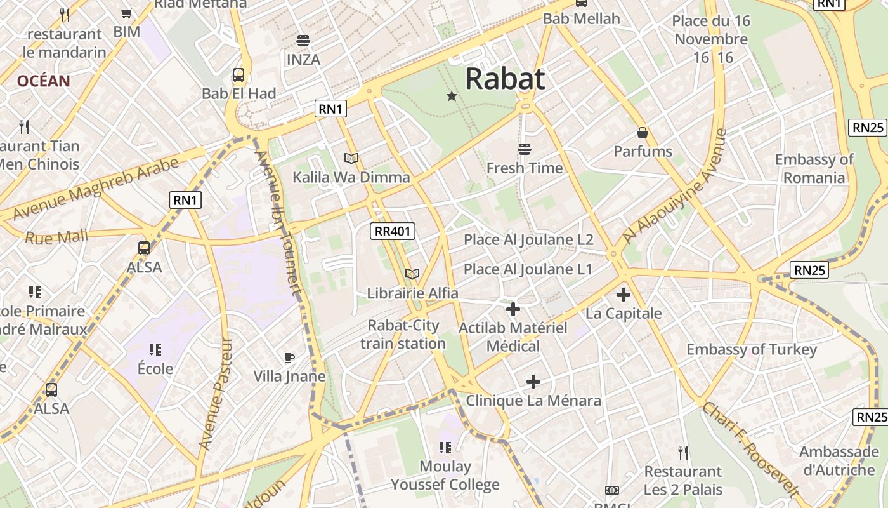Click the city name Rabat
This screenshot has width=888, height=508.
click(505, 79)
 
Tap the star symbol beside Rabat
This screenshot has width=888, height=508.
click(452, 97)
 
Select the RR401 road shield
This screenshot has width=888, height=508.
click(393, 231)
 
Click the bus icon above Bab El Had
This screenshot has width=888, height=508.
click(238, 75)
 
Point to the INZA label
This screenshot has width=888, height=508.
click(303, 60)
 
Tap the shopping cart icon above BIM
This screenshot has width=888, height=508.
click(127, 13)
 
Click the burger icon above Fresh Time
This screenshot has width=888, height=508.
click(524, 149)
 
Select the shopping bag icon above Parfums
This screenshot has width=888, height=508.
click(643, 133)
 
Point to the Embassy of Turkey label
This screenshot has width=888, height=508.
click(752, 349)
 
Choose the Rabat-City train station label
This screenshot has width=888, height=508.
click(403, 335)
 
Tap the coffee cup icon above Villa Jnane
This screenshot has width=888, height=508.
click(289, 358)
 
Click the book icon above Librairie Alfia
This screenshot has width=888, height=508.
click(412, 274)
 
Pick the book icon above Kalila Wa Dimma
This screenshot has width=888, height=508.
click(351, 158)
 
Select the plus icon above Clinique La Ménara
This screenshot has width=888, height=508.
click(533, 382)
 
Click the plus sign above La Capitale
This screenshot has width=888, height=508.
click(624, 295)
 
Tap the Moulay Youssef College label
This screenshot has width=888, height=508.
click(445, 476)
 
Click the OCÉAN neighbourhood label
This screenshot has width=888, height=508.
click(43, 81)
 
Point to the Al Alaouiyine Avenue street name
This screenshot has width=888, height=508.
click(674, 186)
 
